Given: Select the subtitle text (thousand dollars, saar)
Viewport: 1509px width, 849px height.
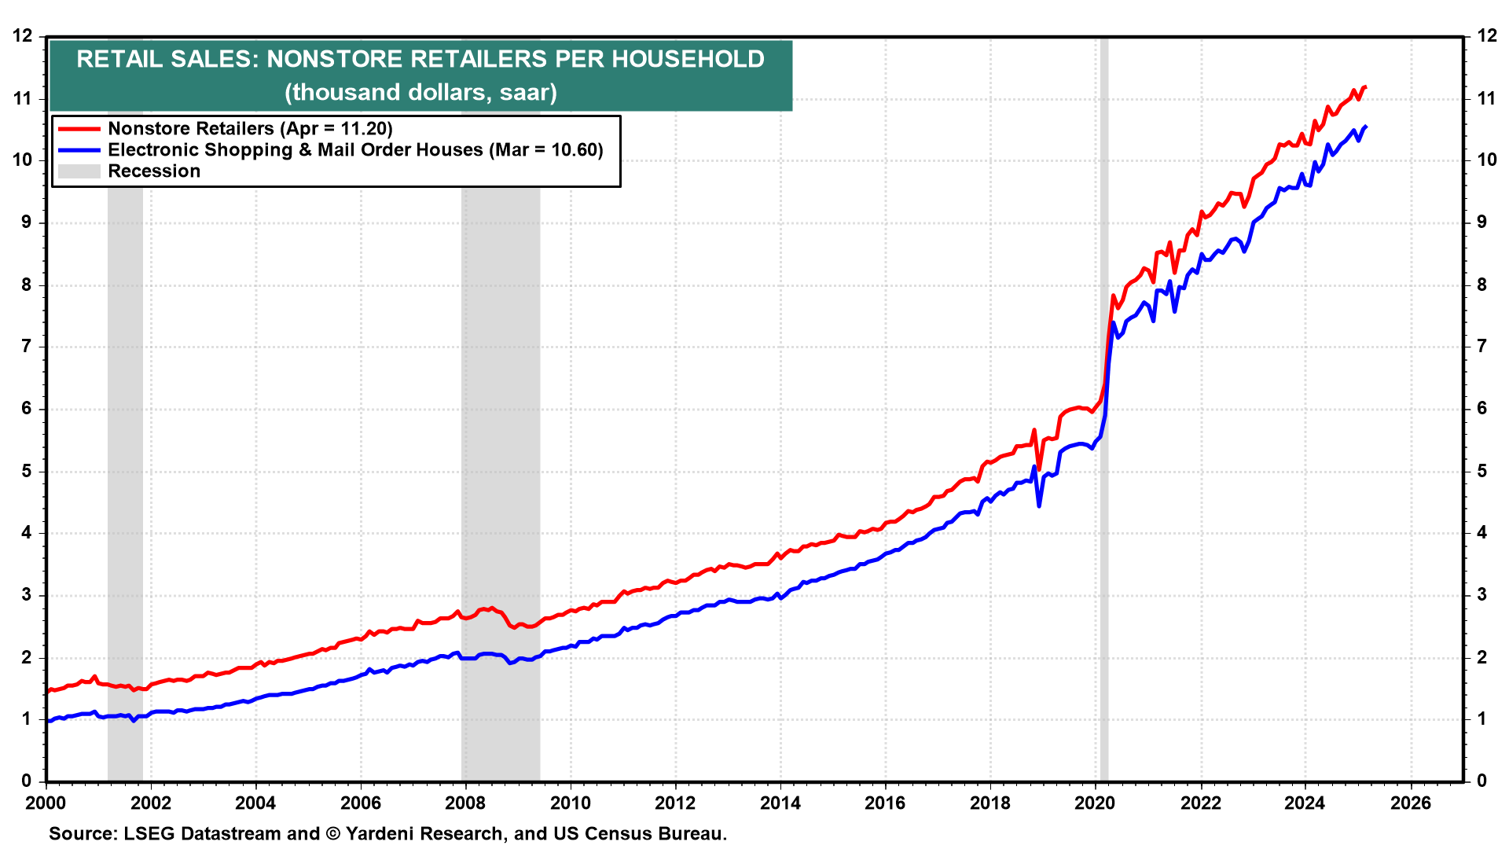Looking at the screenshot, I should coord(420,92).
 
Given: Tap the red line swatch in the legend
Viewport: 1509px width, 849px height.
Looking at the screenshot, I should coord(79,129).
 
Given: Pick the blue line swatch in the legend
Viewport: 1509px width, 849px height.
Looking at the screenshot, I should coord(79,150).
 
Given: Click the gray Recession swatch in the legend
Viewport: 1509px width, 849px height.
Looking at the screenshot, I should coord(79,171).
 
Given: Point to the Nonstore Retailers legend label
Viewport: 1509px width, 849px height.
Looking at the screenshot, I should coord(250,129).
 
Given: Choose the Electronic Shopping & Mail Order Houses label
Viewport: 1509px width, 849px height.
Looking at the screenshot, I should coord(355,150).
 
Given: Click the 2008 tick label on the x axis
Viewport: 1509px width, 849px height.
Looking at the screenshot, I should coord(465,803).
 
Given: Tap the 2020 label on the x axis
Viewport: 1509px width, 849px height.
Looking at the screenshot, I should coord(1095,803).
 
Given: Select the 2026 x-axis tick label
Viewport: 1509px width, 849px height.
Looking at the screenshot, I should coord(1410,803).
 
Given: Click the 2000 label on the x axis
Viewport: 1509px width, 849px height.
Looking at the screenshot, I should coord(46,803).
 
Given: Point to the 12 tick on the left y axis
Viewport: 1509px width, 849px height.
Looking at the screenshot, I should coord(23,36).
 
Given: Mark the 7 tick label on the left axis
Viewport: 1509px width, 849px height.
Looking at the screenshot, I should coord(27,347).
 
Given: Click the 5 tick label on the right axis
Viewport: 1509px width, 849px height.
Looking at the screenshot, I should coord(1481,471).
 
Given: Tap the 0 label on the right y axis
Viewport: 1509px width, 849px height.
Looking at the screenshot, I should coord(1481,781).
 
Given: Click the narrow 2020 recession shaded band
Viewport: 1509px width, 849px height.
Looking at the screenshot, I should coord(1104,550).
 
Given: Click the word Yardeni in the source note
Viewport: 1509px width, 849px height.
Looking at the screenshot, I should coord(382,833).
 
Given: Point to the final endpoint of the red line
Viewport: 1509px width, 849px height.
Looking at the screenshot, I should coord(1365,86).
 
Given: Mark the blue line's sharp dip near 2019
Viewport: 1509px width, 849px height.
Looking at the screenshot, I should coord(1039,505).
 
